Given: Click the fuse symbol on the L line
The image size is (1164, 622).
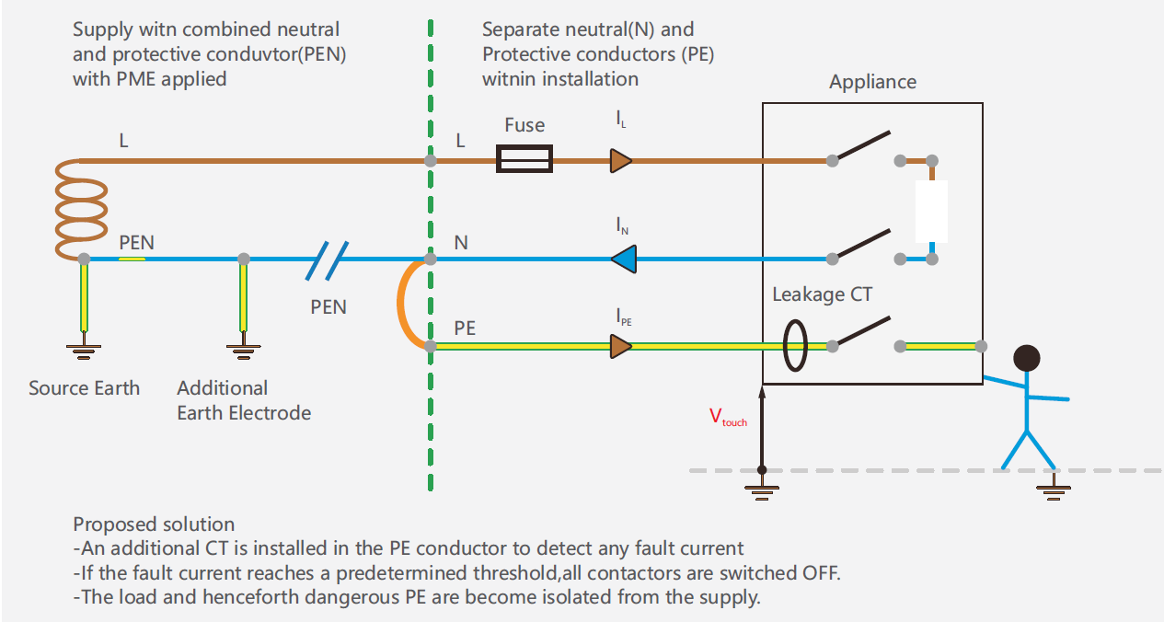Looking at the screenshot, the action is [524, 159].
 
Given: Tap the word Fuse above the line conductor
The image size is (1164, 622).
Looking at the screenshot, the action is [524, 125].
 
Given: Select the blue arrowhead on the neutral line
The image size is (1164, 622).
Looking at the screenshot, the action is [624, 259].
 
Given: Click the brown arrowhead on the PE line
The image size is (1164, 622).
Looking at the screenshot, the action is [621, 347].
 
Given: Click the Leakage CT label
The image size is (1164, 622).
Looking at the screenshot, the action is [822, 294].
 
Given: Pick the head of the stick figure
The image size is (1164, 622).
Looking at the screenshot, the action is [1027, 358].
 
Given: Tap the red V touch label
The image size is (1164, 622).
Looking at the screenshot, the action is [728, 417].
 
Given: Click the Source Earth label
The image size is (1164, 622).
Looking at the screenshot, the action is [84, 388].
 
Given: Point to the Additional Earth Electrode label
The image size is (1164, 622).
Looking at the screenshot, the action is [244, 400].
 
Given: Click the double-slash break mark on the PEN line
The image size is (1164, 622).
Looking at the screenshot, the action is [327, 261].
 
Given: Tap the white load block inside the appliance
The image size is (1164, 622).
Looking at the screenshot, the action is [931, 212].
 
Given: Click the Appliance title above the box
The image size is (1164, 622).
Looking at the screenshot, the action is [872, 82].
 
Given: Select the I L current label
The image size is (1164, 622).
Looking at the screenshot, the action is [621, 119].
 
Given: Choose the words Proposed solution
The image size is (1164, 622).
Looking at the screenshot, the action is [154, 524].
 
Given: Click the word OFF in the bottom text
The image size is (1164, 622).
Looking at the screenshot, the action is [821, 572].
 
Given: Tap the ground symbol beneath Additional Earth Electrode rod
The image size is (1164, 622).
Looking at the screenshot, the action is [243, 351].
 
